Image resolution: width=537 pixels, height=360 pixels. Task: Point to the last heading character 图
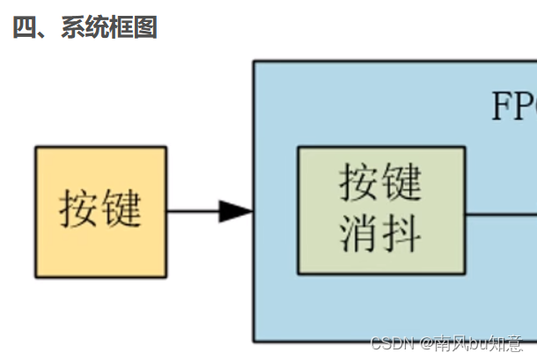[x=145, y=27]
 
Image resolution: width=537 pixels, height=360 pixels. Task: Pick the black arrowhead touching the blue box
[x=235, y=211]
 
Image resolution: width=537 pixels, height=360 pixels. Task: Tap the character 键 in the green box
[x=402, y=183]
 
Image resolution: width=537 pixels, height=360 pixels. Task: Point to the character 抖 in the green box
[x=402, y=233]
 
